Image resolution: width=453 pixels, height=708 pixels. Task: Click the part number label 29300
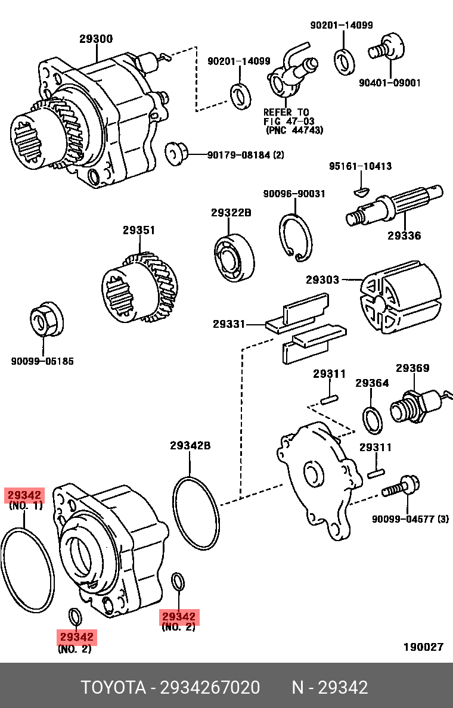[96, 39]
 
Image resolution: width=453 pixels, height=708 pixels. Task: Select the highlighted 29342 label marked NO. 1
[24, 495]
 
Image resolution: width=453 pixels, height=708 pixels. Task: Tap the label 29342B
[190, 446]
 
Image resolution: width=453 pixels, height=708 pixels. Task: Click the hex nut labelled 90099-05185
[44, 322]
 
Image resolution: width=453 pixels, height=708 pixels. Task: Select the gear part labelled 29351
[141, 288]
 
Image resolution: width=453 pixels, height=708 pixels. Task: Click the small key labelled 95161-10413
[361, 191]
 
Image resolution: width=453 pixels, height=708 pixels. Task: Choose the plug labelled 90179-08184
[176, 153]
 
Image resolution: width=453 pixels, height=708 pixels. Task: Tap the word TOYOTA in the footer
[113, 688]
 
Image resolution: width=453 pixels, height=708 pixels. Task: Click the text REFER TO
[286, 112]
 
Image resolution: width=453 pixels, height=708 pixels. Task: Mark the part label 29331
[229, 324]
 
